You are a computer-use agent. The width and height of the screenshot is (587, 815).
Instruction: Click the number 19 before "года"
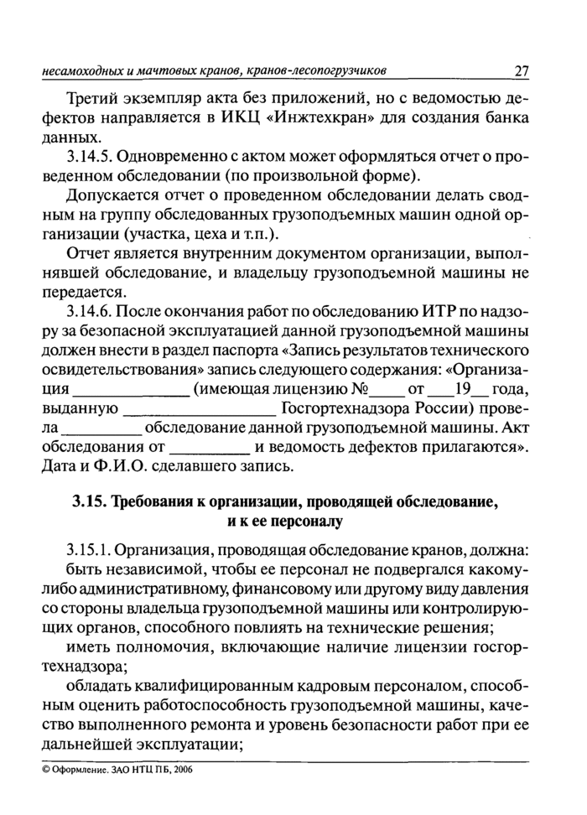coord(462,390)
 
